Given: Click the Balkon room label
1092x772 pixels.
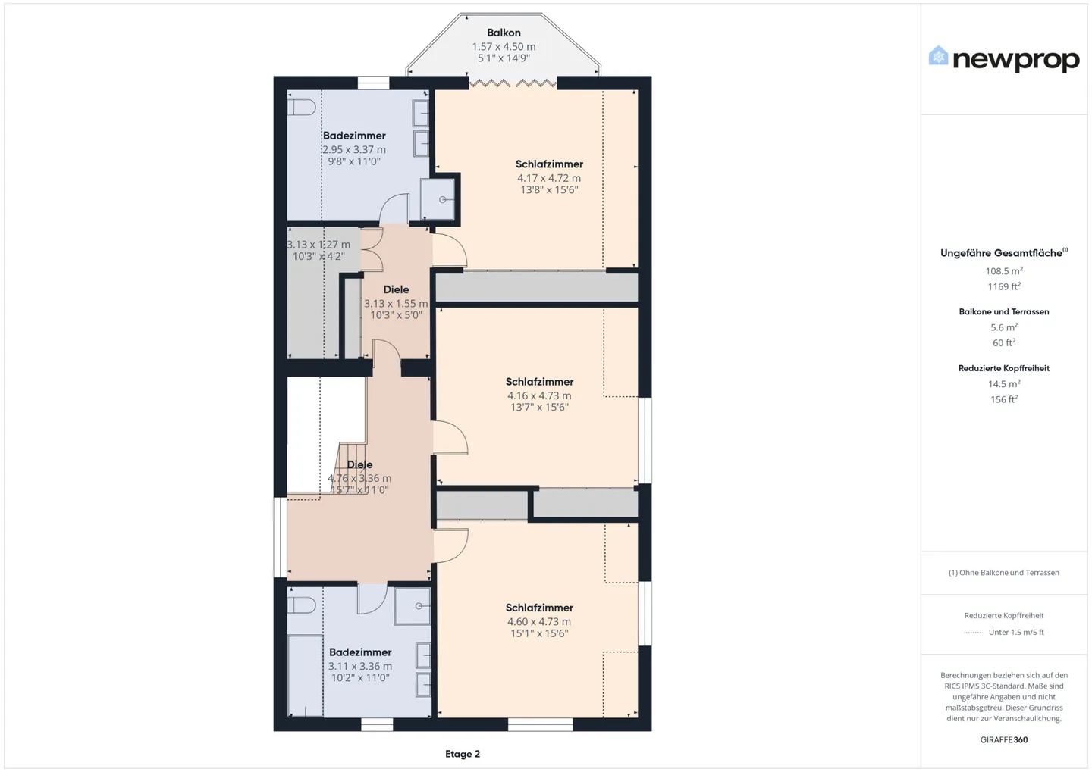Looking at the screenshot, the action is pos(504,33).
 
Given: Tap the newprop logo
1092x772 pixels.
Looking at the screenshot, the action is pos(1004,60).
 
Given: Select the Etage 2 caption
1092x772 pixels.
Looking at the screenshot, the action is pos(462,754).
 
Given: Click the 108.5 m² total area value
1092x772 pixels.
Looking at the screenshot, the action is pos(1004,270).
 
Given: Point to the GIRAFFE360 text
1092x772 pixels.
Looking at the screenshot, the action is pos(1004,739).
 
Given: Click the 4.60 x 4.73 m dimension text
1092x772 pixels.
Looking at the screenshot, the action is pos(538,621).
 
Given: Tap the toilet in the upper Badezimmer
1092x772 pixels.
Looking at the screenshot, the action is pos(301,107).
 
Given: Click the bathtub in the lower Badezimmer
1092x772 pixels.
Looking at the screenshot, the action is pos(305,676).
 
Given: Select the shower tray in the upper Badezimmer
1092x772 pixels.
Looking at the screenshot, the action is pos(438,199).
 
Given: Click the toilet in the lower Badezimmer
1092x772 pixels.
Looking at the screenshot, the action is pos(301,605).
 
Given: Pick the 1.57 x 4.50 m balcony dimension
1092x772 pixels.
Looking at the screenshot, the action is pos(504,47).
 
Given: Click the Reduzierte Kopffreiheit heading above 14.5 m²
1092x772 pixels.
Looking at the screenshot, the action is pos(1004,368).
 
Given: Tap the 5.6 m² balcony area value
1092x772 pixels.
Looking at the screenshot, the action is pos(1004,327).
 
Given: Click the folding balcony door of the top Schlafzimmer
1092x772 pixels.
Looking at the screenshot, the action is pos(513,83).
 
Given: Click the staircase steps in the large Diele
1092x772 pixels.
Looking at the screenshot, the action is pos(352,467).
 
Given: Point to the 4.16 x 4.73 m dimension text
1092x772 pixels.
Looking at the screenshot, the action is pos(538,395).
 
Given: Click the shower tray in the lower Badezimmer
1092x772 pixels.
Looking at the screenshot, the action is pos(412,606).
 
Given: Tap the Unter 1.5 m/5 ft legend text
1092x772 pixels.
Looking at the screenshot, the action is pos(1016,632).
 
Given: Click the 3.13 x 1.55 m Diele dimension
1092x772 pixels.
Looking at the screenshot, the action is pos(396,304).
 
